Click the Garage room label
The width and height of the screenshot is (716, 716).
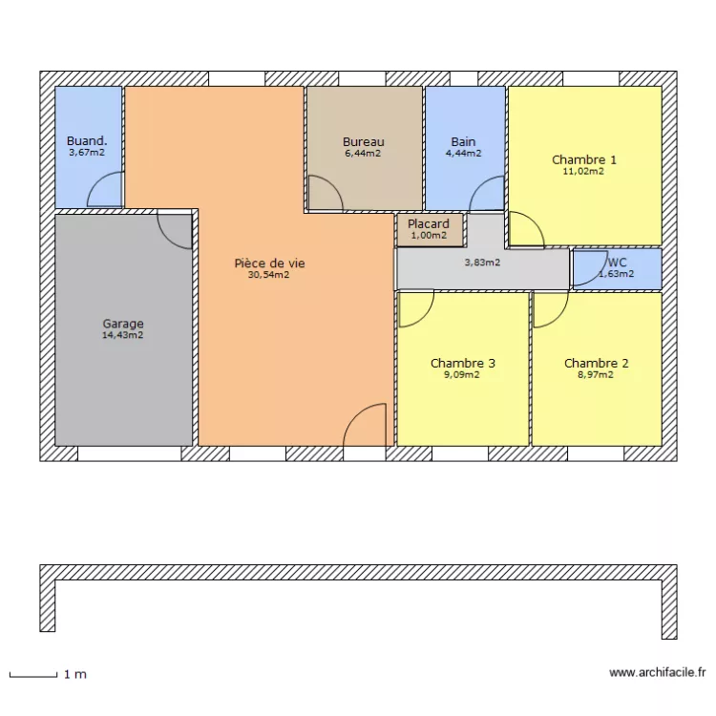pyautogui.click(x=123, y=324)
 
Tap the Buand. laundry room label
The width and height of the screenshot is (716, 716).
pyautogui.click(x=86, y=140)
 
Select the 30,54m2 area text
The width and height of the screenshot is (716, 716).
pyautogui.click(x=268, y=275)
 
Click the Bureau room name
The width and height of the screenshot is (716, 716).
pyautogui.click(x=363, y=142)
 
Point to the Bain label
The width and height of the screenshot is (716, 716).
pyautogui.click(x=463, y=142)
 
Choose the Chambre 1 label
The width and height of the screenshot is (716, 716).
pyautogui.click(x=583, y=159)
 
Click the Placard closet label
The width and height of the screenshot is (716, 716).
pyautogui.click(x=429, y=224)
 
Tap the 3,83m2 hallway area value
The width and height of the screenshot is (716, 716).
pyautogui.click(x=482, y=263)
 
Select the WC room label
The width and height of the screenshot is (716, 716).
pyautogui.click(x=616, y=262)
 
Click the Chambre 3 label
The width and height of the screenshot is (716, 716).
pyautogui.click(x=462, y=363)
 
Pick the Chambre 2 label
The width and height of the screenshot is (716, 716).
pyautogui.click(x=596, y=363)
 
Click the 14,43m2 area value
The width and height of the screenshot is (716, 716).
pyautogui.click(x=123, y=335)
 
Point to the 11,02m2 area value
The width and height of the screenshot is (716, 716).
pyautogui.click(x=583, y=172)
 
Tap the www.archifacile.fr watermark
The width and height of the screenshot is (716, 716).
pyautogui.click(x=657, y=673)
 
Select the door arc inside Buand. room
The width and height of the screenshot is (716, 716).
pyautogui.click(x=105, y=190)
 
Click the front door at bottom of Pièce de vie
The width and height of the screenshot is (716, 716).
pyautogui.click(x=365, y=426)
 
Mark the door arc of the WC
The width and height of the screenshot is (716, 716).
pyautogui.click(x=585, y=270)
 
